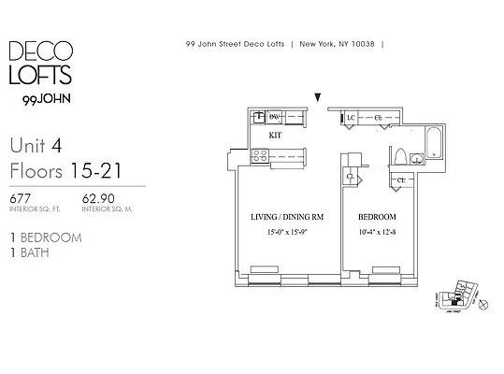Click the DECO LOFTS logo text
click(43, 63)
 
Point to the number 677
click(21, 198)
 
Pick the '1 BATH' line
click(32, 252)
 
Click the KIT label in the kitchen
click(275, 136)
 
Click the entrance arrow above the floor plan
click(318, 96)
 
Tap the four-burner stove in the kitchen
click(259, 158)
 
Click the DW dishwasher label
click(275, 118)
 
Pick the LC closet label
click(352, 118)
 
